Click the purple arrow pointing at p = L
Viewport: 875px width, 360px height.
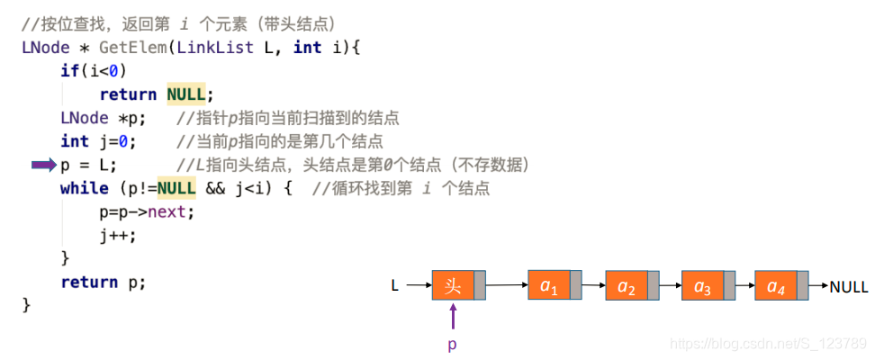coord(43,166)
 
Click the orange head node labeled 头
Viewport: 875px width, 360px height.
coord(453,286)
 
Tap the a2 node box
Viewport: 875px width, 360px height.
coord(627,286)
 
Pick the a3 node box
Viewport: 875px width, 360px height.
coord(703,286)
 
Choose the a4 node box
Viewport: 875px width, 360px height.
coord(776,286)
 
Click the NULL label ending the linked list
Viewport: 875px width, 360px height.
coord(849,287)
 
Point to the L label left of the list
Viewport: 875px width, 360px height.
coord(394,287)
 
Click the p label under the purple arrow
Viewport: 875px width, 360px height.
coord(453,344)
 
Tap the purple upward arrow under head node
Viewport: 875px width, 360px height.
coord(453,316)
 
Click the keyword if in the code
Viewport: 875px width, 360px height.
coord(69,71)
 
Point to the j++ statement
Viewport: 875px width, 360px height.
coord(118,236)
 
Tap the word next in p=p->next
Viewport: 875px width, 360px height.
coord(170,212)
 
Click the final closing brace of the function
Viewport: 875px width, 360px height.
coord(26,306)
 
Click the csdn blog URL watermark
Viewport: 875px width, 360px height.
coord(770,344)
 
